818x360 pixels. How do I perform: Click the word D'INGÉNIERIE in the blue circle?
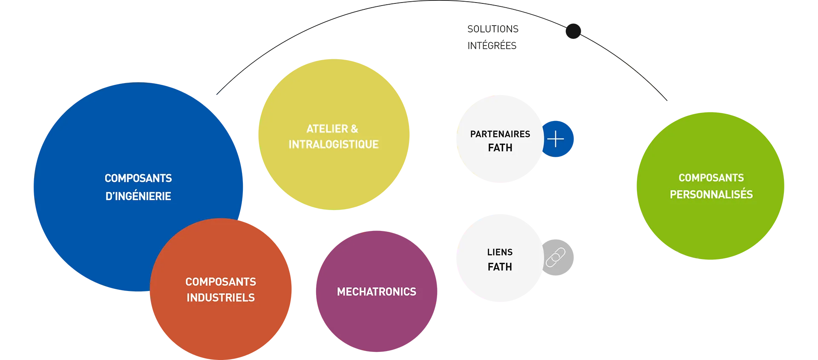pyautogui.click(x=138, y=196)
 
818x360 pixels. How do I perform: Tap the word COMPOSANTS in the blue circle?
pyautogui.click(x=138, y=178)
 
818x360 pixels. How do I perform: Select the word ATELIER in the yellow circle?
pyautogui.click(x=327, y=129)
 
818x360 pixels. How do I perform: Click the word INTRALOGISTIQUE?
pyautogui.click(x=334, y=144)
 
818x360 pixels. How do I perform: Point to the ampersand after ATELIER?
pyautogui.click(x=354, y=129)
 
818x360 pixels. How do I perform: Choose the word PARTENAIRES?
pyautogui.click(x=500, y=134)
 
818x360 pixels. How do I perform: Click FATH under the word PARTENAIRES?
pyautogui.click(x=500, y=148)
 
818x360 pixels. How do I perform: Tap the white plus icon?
pyautogui.click(x=556, y=139)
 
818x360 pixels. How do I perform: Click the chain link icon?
pyautogui.click(x=556, y=257)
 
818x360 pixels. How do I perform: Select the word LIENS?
pyautogui.click(x=500, y=252)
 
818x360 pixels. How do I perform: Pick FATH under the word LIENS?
pyautogui.click(x=500, y=267)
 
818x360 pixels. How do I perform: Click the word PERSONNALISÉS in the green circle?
pyautogui.click(x=711, y=195)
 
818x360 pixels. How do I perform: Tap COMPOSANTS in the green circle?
pyautogui.click(x=711, y=178)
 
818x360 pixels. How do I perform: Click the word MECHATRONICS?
pyautogui.click(x=377, y=292)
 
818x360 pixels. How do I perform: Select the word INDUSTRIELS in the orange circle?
pyautogui.click(x=221, y=298)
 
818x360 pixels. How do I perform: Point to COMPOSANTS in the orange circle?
pyautogui.click(x=221, y=282)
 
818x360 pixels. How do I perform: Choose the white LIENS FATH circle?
pyautogui.click(x=498, y=281)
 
